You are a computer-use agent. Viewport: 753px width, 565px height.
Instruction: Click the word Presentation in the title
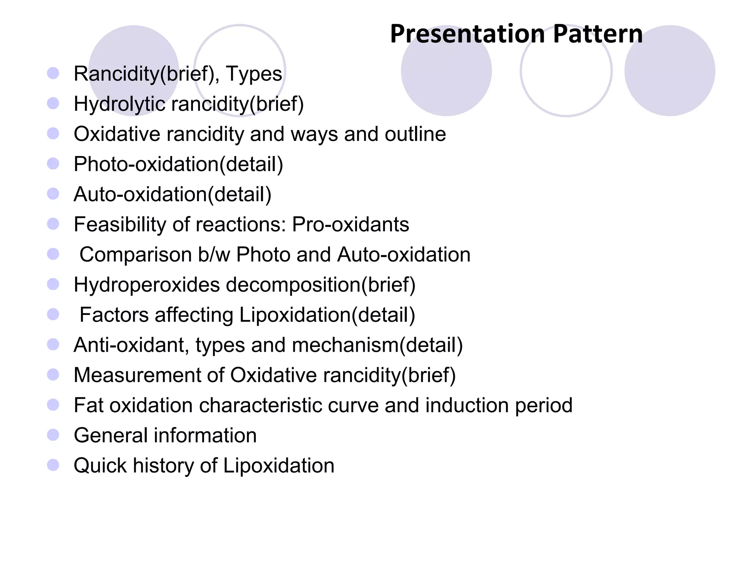pos(467,34)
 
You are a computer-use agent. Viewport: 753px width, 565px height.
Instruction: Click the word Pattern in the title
pos(598,34)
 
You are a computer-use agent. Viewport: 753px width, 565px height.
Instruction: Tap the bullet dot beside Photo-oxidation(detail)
pos(53,164)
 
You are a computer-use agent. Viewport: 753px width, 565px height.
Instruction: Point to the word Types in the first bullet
pos(254,74)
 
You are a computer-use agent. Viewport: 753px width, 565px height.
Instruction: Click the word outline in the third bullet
pos(415,134)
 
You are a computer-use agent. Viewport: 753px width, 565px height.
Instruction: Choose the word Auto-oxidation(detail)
pos(172,195)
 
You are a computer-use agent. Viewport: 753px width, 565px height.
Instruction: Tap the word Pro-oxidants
pos(350,224)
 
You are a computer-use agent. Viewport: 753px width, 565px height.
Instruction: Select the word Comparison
pos(136,255)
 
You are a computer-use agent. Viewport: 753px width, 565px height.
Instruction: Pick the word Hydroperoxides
pos(146,285)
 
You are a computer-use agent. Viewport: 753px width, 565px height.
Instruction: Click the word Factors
pos(114,315)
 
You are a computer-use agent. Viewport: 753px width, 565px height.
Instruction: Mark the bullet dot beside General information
pos(53,435)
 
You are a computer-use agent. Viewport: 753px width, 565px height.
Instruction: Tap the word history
pos(163,466)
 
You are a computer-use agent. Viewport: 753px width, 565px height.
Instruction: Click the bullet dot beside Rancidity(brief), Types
pos(53,73)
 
